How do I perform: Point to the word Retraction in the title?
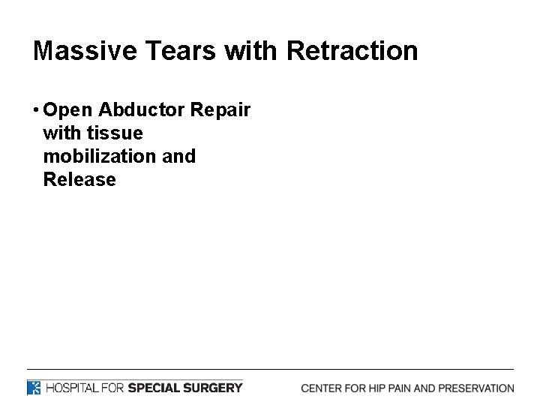pos(352,51)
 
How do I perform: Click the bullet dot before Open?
pos(37,110)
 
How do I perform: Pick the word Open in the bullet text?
pos(68,110)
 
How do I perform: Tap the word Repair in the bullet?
pos(220,110)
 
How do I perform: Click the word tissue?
pos(115,133)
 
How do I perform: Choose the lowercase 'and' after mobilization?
pos(178,157)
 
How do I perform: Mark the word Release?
pos(79,180)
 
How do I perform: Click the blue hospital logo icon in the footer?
pos(34,388)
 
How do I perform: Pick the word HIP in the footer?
pos(373,388)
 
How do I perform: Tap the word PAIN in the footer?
pos(398,388)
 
